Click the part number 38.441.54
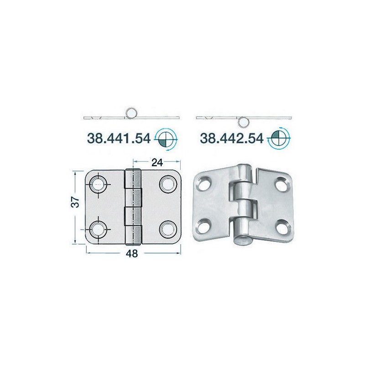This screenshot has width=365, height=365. click(119, 139)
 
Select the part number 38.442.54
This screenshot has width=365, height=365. click(232, 139)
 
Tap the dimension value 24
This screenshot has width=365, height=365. click(157, 163)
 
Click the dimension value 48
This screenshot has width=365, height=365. click(132, 254)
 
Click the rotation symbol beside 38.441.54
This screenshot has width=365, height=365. click(166, 140)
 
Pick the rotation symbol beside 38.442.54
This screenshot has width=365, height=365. click(279, 139)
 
